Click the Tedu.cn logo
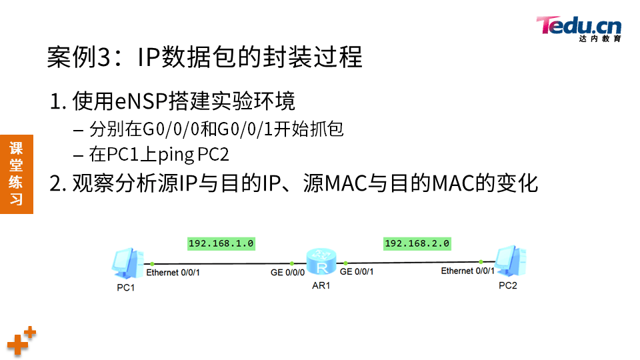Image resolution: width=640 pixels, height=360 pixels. pos(578,28)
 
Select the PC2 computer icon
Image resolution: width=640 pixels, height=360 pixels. pos(511,261)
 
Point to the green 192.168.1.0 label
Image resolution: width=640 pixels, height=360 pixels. pos(221,243)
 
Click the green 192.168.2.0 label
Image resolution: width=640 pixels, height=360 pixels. pos(417,243)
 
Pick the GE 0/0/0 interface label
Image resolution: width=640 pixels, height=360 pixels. pos(287,272)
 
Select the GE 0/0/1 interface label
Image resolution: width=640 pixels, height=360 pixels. pos(357,271)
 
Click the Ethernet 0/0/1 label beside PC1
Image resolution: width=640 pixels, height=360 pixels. pos(173,272)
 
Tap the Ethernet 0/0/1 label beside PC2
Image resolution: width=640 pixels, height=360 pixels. pos(468,271)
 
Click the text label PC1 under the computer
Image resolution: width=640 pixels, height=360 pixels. pos(126,287)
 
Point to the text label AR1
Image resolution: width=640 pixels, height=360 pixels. pos(321,285)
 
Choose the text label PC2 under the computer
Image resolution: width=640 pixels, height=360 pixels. pos(508,285)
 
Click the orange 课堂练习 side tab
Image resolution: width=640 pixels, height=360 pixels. pos(16,173)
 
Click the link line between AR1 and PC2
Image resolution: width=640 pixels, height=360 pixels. pos(413,262)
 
